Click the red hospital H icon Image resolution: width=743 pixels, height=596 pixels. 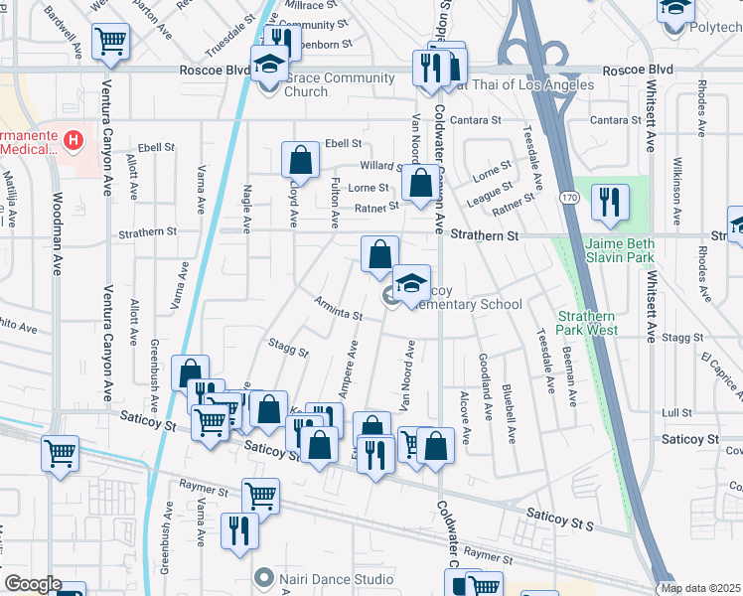pyautogui.click(x=72, y=141)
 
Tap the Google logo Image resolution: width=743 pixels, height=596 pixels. pyautogui.click(x=33, y=584)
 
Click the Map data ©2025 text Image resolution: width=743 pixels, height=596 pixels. pyautogui.click(x=700, y=588)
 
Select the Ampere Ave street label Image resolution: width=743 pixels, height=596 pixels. pyautogui.click(x=349, y=371)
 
